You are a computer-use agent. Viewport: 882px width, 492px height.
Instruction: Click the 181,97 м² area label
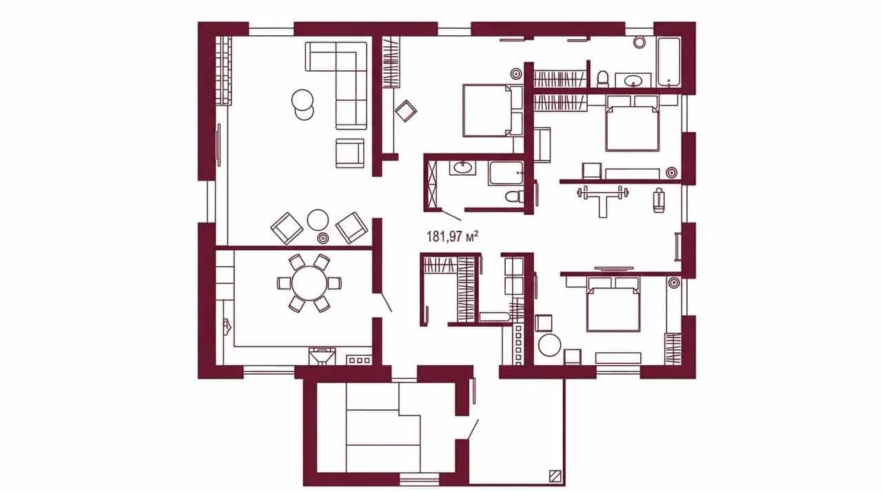coord(453,236)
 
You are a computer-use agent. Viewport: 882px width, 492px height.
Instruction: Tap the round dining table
coord(309,283)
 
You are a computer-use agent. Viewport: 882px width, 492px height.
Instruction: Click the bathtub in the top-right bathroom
coord(669,62)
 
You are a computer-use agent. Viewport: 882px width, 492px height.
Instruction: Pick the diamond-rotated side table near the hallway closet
coord(406,111)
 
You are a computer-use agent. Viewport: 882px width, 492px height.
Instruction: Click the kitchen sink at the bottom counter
coord(322,357)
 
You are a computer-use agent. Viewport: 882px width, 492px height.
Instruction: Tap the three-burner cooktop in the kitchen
coord(359,360)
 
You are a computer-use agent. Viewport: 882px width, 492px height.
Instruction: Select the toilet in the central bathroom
coord(514,196)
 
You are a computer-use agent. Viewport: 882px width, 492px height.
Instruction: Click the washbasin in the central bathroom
coord(462,168)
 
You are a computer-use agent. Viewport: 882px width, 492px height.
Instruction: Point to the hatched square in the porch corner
coord(555,475)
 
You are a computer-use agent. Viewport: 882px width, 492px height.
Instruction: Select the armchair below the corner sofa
coord(350,153)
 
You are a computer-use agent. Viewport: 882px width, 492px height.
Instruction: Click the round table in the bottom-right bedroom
coord(549,345)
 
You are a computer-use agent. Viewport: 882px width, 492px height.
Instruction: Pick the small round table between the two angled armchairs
coord(318,220)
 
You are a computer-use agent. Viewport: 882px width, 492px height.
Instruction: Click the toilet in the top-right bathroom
coord(602,79)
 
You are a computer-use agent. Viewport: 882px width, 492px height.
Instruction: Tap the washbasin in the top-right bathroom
coord(633,81)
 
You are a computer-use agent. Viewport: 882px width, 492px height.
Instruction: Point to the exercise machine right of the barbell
coord(659,200)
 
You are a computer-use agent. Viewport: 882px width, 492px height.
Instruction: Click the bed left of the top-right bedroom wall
coord(493,110)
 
